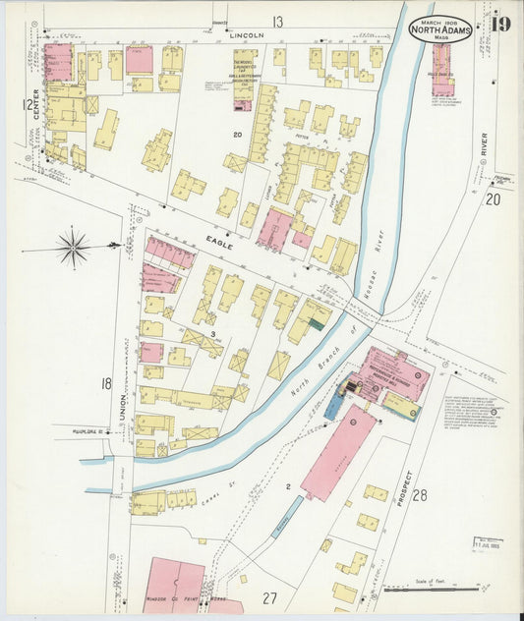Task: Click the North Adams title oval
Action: [439, 28]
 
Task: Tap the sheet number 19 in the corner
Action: [499, 24]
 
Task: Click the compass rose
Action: [73, 247]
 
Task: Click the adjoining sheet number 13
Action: [278, 21]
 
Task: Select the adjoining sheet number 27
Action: [269, 596]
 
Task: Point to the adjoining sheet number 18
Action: [105, 383]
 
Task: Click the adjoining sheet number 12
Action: [29, 104]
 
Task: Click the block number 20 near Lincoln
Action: [237, 134]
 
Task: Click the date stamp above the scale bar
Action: [487, 543]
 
